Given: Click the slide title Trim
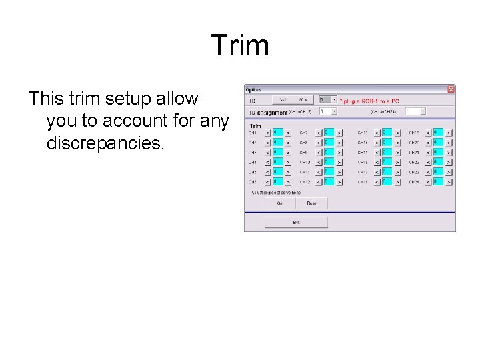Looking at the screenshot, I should coord(240,46).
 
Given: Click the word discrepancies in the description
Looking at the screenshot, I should coord(105,143).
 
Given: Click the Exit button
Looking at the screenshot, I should coord(296,222).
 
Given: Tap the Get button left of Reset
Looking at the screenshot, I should coord(280,203).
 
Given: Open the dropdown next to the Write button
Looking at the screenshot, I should coord(333,99).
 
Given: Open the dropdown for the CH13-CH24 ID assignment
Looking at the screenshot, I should coord(423,111).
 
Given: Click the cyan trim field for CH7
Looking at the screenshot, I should coord(329,133).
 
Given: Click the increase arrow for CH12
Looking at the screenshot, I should coord(339,182).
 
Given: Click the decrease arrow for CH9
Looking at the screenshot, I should coord(318,153).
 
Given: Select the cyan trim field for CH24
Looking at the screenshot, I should coord(438,182).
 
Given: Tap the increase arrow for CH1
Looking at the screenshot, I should coord(288,133).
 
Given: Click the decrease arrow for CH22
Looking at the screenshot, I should coord(427,163).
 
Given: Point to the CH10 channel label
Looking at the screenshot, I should coord(305,163).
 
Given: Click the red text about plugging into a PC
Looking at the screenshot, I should coord(371,101).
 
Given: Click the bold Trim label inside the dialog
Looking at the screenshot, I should coord(255,125).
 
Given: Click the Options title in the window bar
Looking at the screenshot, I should coord(254,89).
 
